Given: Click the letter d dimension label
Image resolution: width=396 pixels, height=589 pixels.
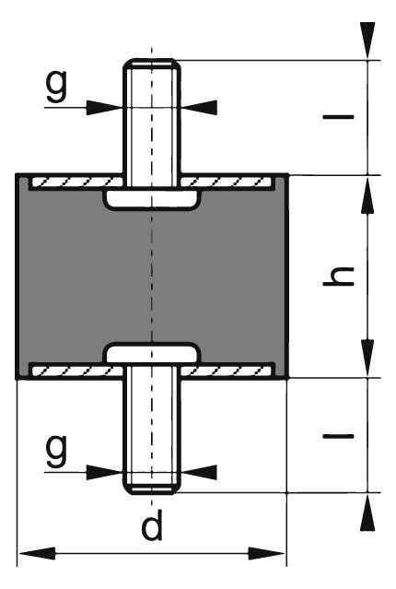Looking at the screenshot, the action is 152,524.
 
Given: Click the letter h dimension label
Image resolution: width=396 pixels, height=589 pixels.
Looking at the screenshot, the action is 339,277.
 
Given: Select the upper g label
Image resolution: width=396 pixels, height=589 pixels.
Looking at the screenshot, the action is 57,86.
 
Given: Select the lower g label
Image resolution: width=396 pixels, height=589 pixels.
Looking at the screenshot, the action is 57,450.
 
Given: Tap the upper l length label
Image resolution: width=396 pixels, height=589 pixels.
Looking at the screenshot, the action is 339,117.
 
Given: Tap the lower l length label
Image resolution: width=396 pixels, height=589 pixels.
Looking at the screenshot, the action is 339,437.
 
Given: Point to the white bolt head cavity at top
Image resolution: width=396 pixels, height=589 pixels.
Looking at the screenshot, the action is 152,200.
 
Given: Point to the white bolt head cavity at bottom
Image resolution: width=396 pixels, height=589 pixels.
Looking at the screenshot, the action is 152,353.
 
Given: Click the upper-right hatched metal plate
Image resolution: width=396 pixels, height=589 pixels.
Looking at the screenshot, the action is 227,183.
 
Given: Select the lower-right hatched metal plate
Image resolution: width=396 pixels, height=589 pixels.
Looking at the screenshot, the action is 227,371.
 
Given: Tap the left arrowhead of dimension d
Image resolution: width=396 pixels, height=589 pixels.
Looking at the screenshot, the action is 37,554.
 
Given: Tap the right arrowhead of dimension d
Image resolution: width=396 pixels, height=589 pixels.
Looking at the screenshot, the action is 267,554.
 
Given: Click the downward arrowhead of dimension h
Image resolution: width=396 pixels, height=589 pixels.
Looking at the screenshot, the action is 367,358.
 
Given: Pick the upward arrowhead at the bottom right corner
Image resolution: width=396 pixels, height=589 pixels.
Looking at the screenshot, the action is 367,512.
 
